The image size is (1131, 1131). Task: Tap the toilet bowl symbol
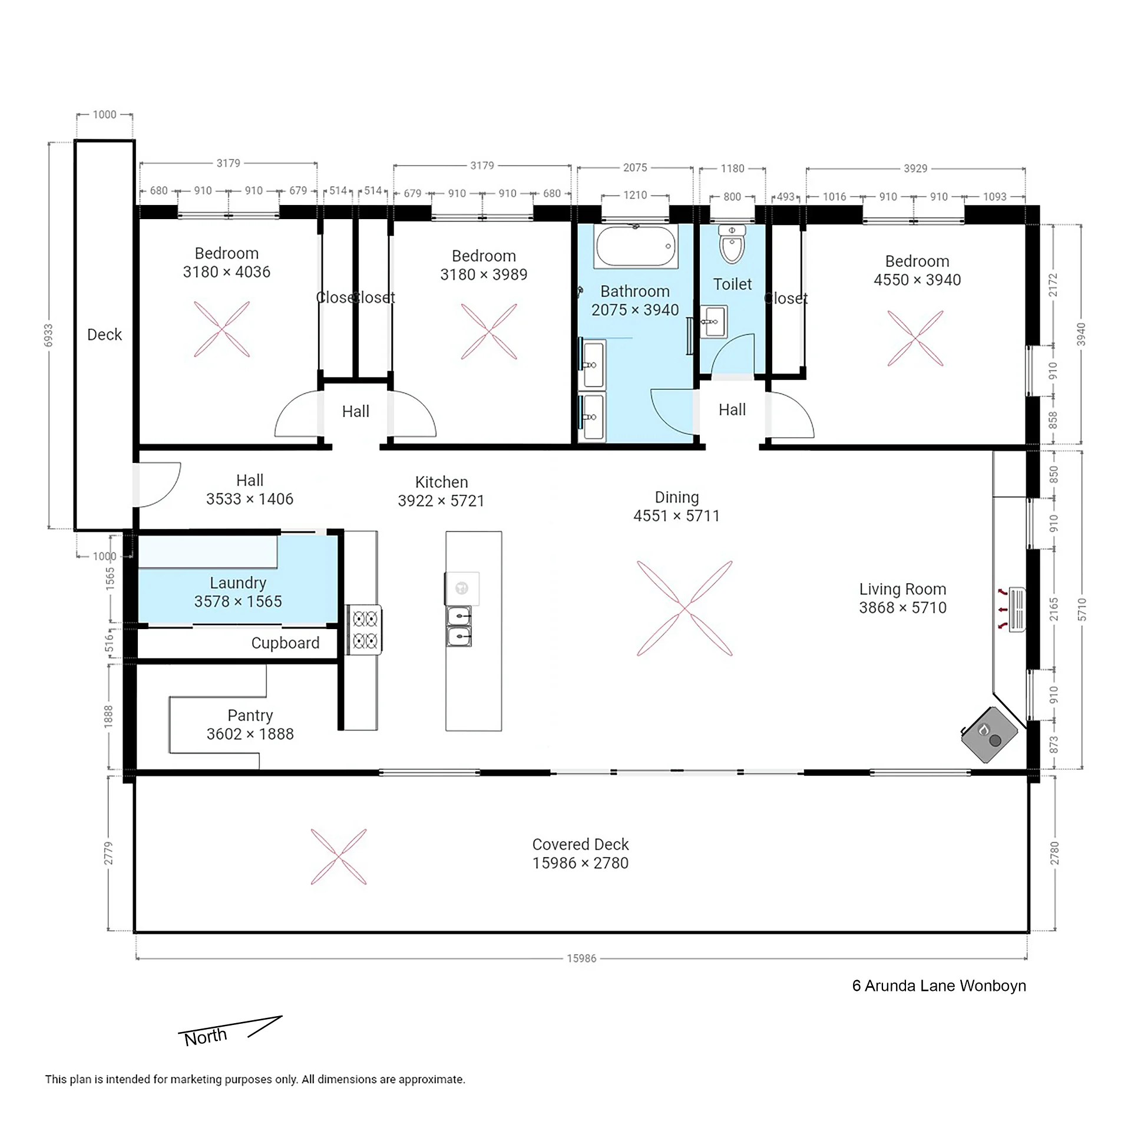pos(732,244)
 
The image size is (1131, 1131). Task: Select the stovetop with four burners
pos(364,630)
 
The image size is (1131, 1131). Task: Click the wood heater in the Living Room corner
pos(990,735)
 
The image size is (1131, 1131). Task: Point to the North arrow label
pos(206,1037)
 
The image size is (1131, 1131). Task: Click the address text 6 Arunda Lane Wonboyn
pos(939,986)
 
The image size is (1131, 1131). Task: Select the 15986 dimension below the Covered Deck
pos(581,958)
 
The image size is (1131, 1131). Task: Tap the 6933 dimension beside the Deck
pos(48,335)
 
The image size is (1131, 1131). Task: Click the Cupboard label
pos(285,643)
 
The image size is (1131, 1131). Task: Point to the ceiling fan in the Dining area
pos(684,609)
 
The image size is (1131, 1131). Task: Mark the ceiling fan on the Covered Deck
pos(339,857)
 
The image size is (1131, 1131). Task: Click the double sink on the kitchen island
pos(459,626)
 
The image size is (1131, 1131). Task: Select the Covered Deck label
pos(580,854)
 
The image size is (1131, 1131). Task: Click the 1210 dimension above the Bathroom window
pos(635,195)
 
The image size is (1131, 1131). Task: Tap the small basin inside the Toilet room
pos(714,322)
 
